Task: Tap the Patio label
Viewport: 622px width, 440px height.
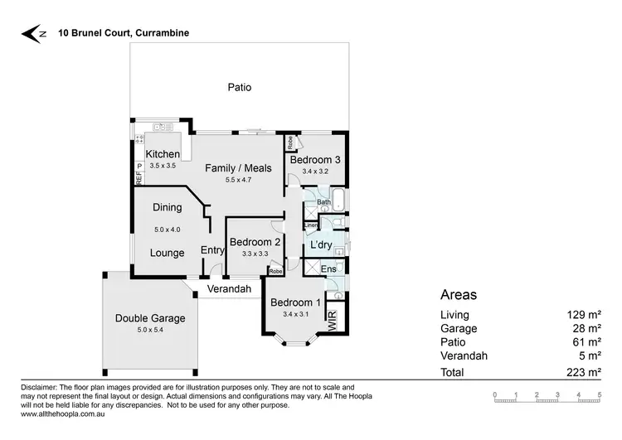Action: (x=239, y=87)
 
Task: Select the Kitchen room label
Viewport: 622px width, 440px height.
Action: (x=163, y=154)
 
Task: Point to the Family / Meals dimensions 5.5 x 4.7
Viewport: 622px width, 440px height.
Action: (x=238, y=180)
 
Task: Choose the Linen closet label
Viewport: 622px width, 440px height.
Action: (x=311, y=225)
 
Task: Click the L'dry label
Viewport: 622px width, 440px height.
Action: (x=321, y=245)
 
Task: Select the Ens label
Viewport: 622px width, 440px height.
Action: (x=328, y=269)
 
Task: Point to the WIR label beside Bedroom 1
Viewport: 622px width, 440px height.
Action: (x=333, y=320)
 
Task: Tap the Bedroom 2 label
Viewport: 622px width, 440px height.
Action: (x=254, y=242)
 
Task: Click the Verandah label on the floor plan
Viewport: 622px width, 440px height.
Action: (x=228, y=288)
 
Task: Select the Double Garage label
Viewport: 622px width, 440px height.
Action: (x=150, y=317)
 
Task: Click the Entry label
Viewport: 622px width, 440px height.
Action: (x=212, y=252)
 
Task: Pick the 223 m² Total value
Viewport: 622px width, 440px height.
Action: (x=586, y=373)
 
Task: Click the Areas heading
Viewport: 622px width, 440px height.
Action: (x=458, y=294)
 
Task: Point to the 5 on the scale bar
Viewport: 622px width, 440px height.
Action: (x=599, y=394)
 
